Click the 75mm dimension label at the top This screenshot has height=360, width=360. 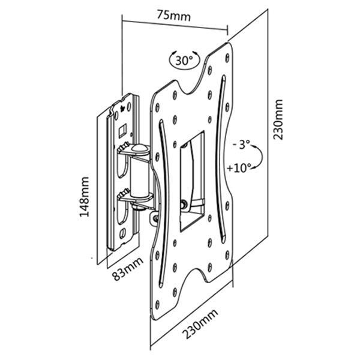(x=174, y=17)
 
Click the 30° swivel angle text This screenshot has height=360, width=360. (x=184, y=61)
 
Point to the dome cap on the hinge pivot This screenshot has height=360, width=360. (x=139, y=148)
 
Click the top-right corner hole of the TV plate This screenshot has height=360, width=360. (x=227, y=56)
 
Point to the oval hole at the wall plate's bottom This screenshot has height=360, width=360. (x=122, y=231)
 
